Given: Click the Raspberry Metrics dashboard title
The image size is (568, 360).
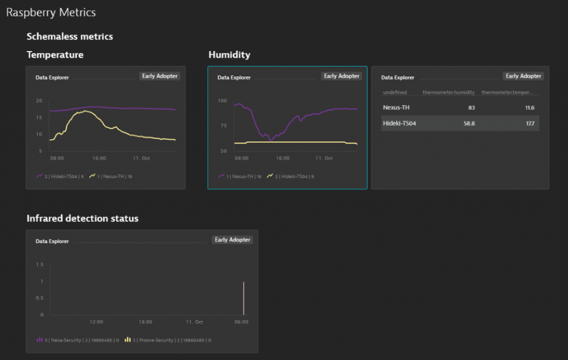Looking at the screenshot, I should (50, 12).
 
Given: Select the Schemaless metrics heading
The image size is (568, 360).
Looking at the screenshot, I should (69, 37).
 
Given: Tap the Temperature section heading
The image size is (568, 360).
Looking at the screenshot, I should (55, 55).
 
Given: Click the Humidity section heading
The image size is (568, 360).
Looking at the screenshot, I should (229, 55).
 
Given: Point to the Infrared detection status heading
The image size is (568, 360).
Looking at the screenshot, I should (82, 219).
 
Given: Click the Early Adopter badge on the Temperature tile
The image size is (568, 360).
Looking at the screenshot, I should (160, 76).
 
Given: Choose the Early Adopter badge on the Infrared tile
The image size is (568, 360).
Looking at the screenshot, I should (232, 240).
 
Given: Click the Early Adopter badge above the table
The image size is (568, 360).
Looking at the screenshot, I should (523, 76).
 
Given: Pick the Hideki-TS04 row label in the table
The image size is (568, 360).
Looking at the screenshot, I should (399, 123).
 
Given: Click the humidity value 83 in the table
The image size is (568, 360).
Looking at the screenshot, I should (471, 108).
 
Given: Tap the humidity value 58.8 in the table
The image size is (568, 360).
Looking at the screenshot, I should (469, 123).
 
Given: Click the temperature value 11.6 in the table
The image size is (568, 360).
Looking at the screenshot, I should (529, 108).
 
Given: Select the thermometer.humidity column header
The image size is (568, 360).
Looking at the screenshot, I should (448, 93).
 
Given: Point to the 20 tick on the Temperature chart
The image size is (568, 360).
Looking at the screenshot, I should (39, 100).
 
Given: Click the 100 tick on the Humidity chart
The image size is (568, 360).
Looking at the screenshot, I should (222, 100).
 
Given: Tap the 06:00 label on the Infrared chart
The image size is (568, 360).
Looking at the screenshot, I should (241, 322).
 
